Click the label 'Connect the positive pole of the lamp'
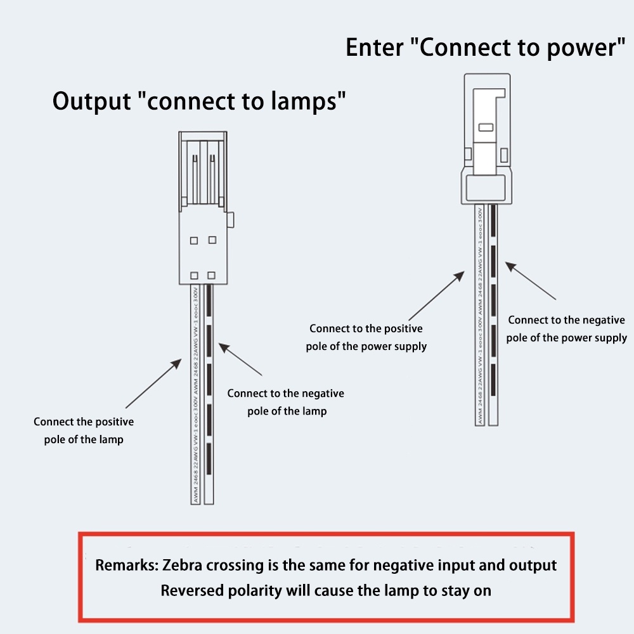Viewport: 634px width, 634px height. coord(84,430)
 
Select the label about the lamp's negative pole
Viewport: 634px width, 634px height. coord(286,402)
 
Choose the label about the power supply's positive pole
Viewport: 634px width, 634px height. coord(366,337)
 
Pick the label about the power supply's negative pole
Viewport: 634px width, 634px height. coord(566,328)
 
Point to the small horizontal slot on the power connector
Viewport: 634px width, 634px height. coord(486,127)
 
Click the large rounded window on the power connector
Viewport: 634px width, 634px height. coord(487,187)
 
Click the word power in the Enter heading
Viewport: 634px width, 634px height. coord(571,48)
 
